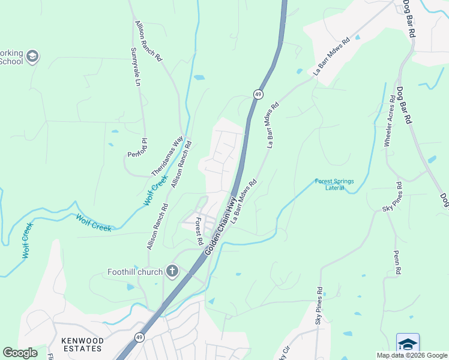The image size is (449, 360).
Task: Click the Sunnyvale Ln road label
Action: click(x=136, y=66)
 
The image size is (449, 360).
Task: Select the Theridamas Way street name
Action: click(x=167, y=155)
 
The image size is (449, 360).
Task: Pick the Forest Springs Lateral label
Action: click(x=335, y=184)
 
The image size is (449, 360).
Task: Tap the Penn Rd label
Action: click(x=397, y=263)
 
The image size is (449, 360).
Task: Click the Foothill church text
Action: click(x=135, y=272)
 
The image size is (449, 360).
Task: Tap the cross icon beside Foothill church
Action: click(x=172, y=272)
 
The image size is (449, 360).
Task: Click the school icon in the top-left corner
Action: click(x=32, y=57)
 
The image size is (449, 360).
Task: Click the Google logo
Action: click(x=20, y=353)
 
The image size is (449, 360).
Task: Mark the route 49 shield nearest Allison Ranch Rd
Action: click(x=258, y=94)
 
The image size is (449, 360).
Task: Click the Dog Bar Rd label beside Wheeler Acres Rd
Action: click(x=403, y=105)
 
